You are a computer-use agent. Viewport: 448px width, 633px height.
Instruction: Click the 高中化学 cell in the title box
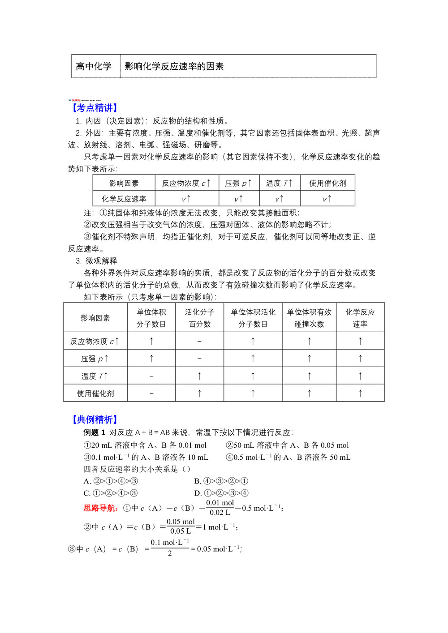point(94,66)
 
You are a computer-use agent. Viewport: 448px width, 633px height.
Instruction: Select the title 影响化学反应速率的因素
point(174,66)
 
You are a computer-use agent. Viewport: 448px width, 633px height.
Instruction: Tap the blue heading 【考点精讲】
point(95,107)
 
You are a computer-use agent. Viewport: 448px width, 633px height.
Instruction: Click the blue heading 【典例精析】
point(95,419)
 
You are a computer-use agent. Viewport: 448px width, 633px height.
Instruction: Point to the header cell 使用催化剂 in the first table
point(327,183)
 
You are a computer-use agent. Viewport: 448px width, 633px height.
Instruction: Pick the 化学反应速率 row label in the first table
point(124,199)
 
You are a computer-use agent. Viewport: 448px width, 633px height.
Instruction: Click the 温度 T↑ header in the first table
point(279,183)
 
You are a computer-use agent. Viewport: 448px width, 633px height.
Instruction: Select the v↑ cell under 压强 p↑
point(238,199)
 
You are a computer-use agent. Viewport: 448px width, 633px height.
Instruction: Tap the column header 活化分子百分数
point(199,318)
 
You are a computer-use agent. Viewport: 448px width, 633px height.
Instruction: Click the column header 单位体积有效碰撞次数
point(309,318)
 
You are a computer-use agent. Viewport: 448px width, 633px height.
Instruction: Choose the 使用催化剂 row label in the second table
point(95,393)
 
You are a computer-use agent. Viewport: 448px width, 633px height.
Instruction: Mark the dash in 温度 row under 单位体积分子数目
point(151,376)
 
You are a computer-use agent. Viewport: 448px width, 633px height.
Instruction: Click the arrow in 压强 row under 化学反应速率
point(360,359)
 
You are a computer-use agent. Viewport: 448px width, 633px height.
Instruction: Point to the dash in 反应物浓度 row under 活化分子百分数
point(199,341)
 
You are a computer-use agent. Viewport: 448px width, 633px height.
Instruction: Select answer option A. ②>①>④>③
point(111,481)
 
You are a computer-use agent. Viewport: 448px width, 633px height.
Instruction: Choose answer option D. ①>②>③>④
point(221,493)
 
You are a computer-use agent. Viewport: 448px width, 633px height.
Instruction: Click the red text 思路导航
point(101,508)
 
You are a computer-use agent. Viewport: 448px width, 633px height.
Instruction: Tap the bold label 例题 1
point(94,432)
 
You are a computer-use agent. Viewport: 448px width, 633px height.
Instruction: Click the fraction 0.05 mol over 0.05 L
point(181,526)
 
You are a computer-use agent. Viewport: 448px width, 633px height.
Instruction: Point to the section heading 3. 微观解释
point(96,261)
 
